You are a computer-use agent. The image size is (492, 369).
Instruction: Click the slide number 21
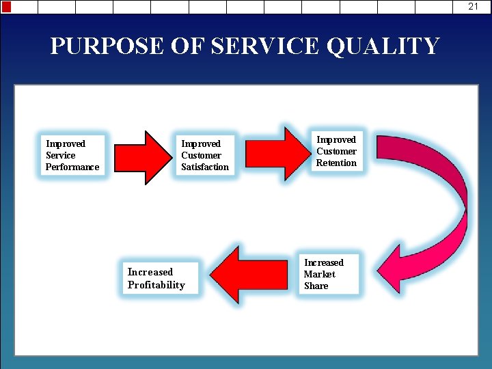[x=474, y=6]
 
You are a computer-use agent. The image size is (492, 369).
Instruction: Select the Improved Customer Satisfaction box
[x=204, y=156]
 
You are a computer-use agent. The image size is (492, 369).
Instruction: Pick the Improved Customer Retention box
[x=336, y=151]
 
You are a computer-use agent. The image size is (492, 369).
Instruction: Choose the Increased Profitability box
[x=156, y=278]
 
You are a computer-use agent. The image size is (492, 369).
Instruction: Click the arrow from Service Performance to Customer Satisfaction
[x=140, y=157]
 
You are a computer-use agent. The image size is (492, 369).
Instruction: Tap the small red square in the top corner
[x=6, y=7]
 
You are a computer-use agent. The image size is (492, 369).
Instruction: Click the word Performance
[x=72, y=167]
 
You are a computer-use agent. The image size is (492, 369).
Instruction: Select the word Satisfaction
[x=205, y=167]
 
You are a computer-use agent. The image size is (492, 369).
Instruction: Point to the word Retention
[x=336, y=163]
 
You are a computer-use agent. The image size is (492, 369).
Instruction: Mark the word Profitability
[x=156, y=285]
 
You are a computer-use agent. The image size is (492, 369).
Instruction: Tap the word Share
[x=316, y=286]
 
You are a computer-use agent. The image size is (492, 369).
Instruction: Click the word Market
[x=320, y=274]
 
